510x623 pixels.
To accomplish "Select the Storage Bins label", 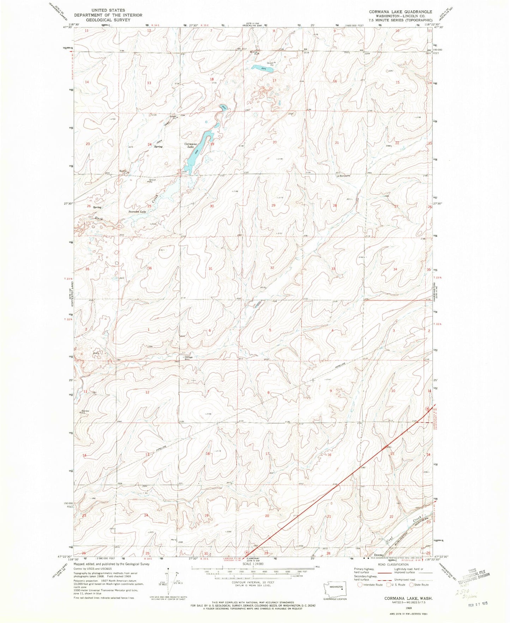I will (x=188, y=357).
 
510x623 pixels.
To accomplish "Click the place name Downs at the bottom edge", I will (x=378, y=555).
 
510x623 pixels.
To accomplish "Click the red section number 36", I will (x=150, y=269).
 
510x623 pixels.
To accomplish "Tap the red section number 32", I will (x=272, y=268).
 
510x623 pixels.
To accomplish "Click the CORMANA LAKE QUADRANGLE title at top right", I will (x=401, y=12).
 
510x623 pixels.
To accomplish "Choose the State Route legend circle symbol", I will (x=412, y=585).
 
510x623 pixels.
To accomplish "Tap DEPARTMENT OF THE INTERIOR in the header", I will (x=108, y=15).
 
